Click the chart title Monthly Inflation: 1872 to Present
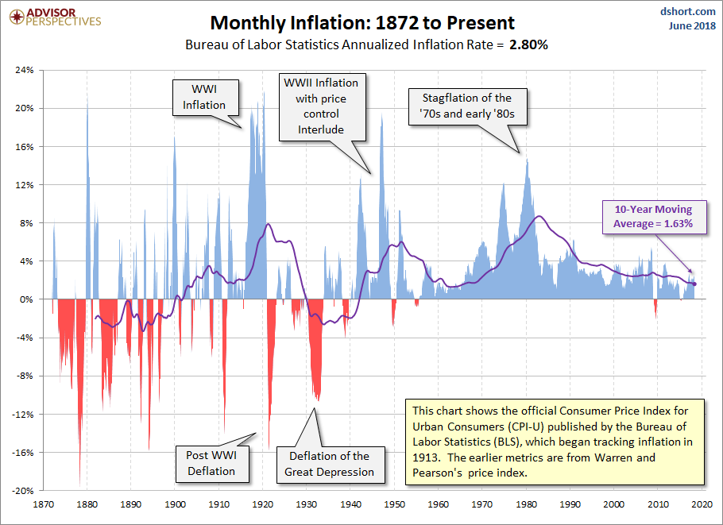coord(361,22)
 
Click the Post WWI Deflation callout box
coord(211,463)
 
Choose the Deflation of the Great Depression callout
coord(329,464)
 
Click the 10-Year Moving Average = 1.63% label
coord(652,217)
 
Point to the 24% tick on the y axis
coord(23,70)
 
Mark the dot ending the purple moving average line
coord(694,284)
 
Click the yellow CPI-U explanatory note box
coord(554,442)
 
